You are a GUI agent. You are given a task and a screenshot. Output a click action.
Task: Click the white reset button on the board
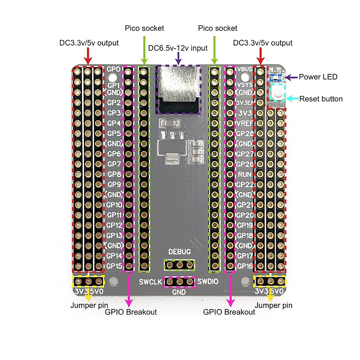(277, 92)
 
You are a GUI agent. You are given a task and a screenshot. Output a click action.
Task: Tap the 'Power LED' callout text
(318, 77)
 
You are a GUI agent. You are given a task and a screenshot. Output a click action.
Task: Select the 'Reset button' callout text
(321, 99)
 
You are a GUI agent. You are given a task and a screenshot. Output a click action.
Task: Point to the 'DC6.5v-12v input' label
(178, 48)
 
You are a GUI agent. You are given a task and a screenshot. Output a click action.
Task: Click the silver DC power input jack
(178, 84)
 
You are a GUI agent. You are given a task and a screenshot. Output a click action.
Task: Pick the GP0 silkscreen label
(114, 69)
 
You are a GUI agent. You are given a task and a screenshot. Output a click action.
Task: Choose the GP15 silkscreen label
(114, 266)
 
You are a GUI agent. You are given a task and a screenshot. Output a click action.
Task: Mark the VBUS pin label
(245, 69)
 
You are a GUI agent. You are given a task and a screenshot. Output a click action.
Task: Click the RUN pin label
(245, 174)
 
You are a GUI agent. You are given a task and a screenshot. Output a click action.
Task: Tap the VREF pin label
(245, 123)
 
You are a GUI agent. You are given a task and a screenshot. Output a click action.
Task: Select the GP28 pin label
(245, 133)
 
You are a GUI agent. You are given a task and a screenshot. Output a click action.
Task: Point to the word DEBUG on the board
(179, 252)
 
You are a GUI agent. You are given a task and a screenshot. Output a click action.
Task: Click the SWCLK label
(150, 282)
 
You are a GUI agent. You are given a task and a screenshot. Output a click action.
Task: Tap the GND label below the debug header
(179, 292)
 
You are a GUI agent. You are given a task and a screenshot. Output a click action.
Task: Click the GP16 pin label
(245, 266)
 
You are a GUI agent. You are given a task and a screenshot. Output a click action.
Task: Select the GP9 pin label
(114, 184)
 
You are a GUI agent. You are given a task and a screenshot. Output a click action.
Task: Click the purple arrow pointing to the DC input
(178, 60)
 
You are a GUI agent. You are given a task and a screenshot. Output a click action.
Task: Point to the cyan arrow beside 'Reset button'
(292, 99)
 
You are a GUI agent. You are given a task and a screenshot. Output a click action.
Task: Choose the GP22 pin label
(245, 184)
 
